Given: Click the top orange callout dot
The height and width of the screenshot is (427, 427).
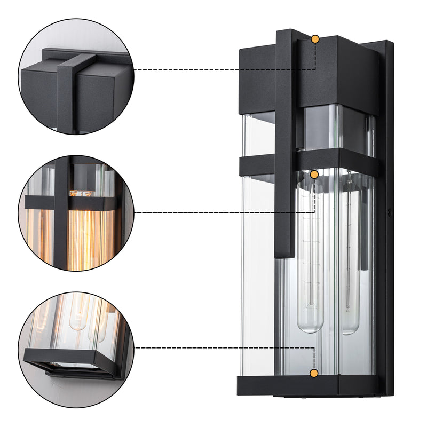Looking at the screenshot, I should click(315, 39).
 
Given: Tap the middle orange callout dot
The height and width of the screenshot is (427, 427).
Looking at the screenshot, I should click(314, 175).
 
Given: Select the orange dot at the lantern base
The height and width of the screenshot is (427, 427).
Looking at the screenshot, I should click(314, 373).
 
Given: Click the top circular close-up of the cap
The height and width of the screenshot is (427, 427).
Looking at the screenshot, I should click(76, 76).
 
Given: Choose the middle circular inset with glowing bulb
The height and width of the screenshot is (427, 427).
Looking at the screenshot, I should click(76, 213).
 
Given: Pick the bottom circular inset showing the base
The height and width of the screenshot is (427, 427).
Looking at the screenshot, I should click(76, 349).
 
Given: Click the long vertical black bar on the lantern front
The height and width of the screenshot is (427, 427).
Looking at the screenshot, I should click(286, 144).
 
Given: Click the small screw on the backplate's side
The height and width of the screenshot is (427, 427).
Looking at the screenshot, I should click(390, 212).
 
